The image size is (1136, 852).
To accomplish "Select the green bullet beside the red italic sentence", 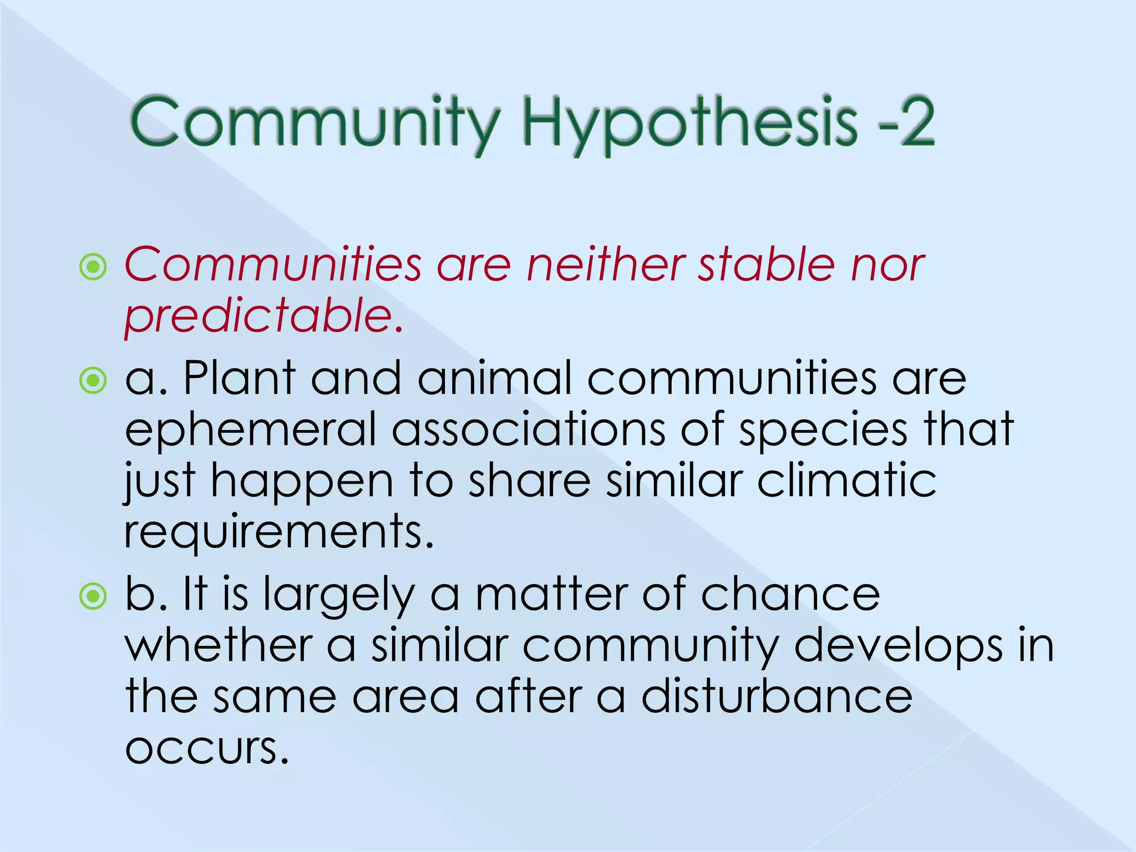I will pyautogui.click(x=93, y=267).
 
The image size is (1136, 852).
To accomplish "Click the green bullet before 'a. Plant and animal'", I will pyautogui.click(x=93, y=381).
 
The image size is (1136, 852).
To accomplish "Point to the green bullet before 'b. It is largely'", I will pyautogui.click(x=93, y=597).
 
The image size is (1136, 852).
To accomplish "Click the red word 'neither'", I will pyautogui.click(x=605, y=265).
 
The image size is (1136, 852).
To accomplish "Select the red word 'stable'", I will pyautogui.click(x=765, y=265).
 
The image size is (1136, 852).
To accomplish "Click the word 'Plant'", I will pyautogui.click(x=239, y=378).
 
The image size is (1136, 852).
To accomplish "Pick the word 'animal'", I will pyautogui.click(x=494, y=378).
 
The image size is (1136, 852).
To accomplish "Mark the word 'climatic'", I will pyautogui.click(x=846, y=480).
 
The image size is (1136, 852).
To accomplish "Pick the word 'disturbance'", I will pyautogui.click(x=777, y=697).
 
